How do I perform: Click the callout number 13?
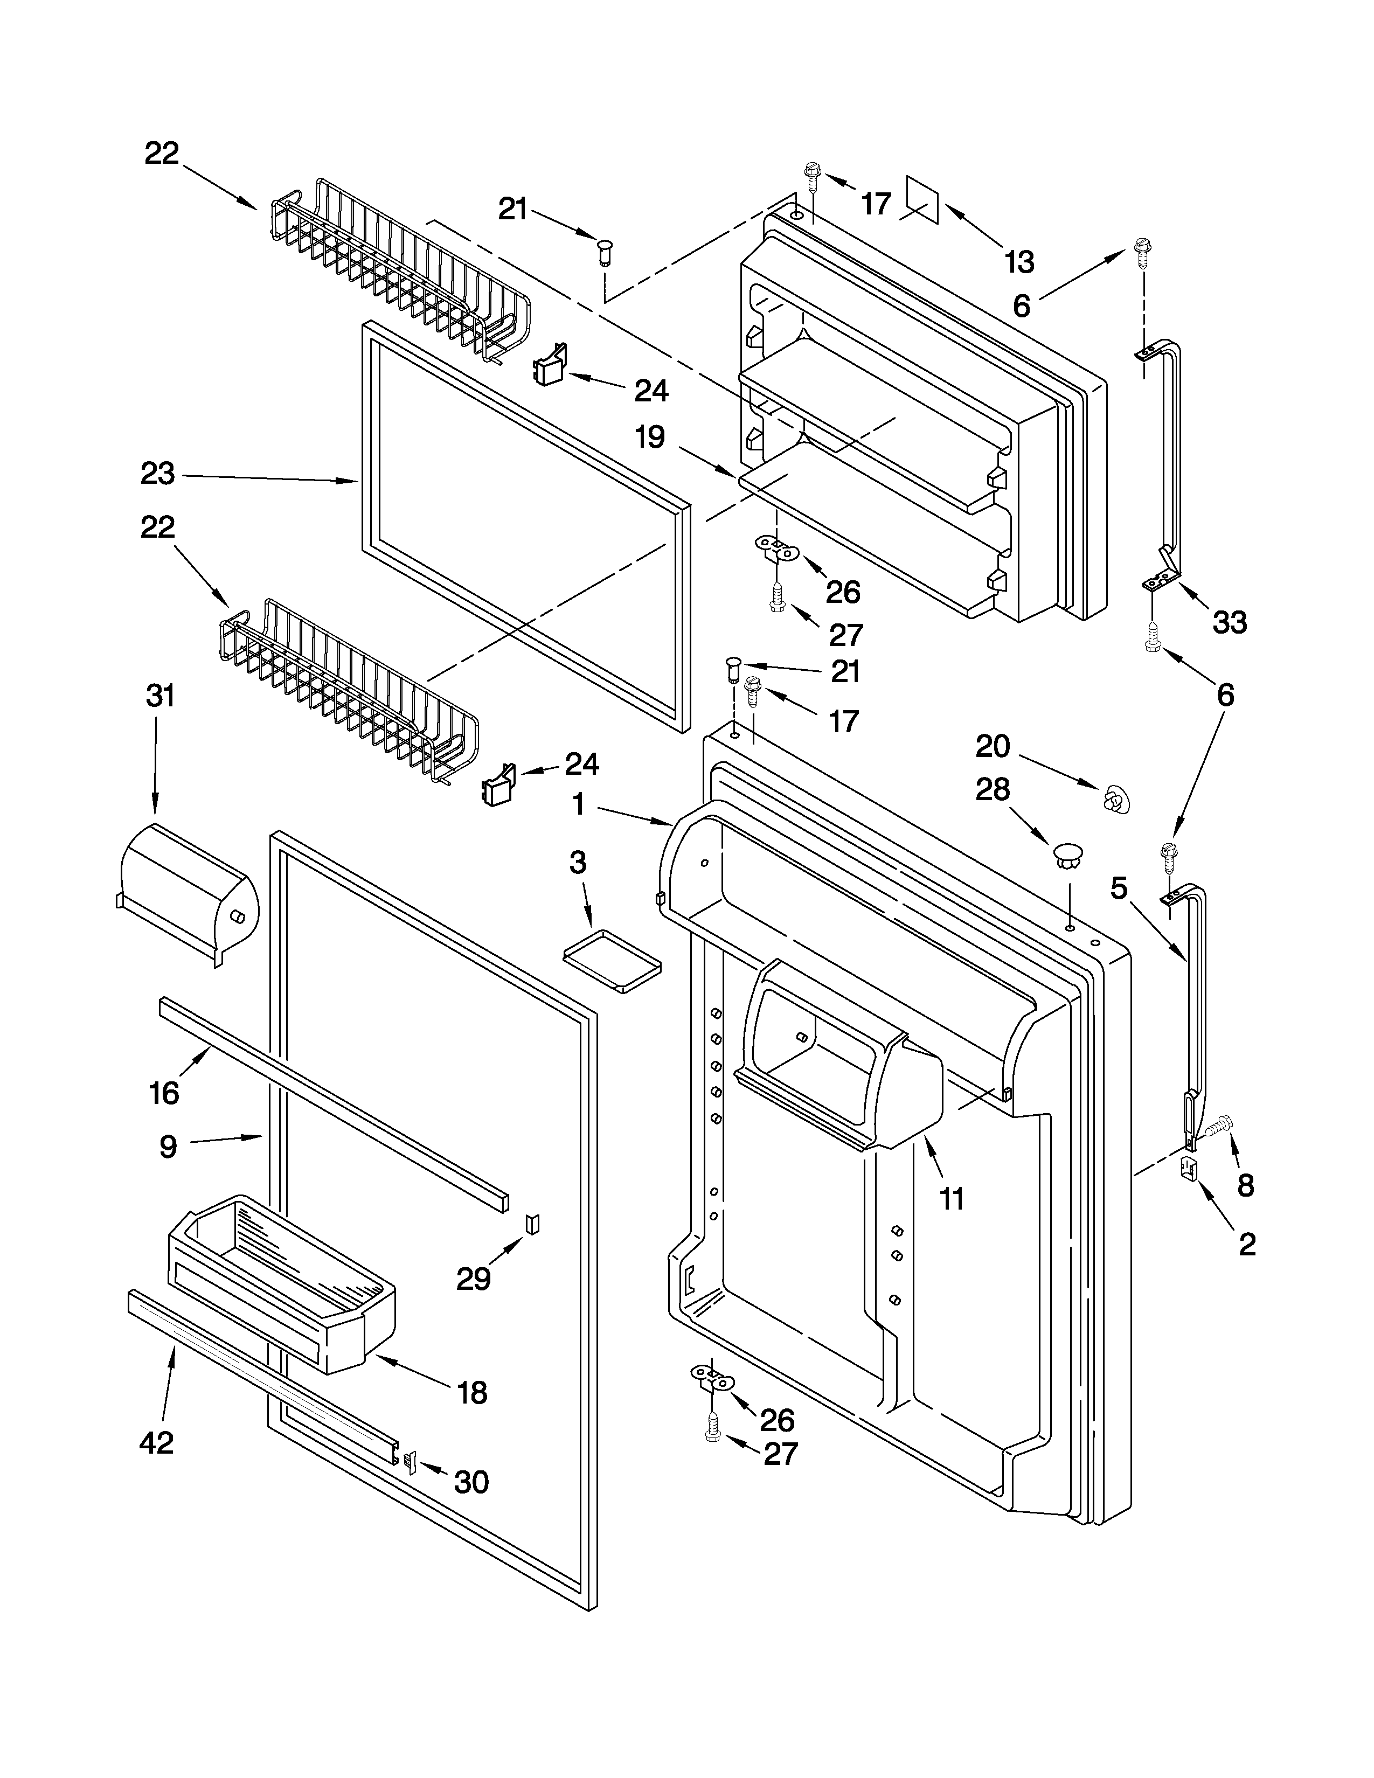point(1018,262)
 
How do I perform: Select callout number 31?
point(161,697)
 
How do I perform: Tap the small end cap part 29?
point(532,1224)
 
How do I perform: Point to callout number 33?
point(1229,623)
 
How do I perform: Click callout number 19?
point(650,438)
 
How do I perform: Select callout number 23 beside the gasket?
point(157,474)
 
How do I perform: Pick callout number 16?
point(164,1093)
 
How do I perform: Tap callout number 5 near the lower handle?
point(1119,888)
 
